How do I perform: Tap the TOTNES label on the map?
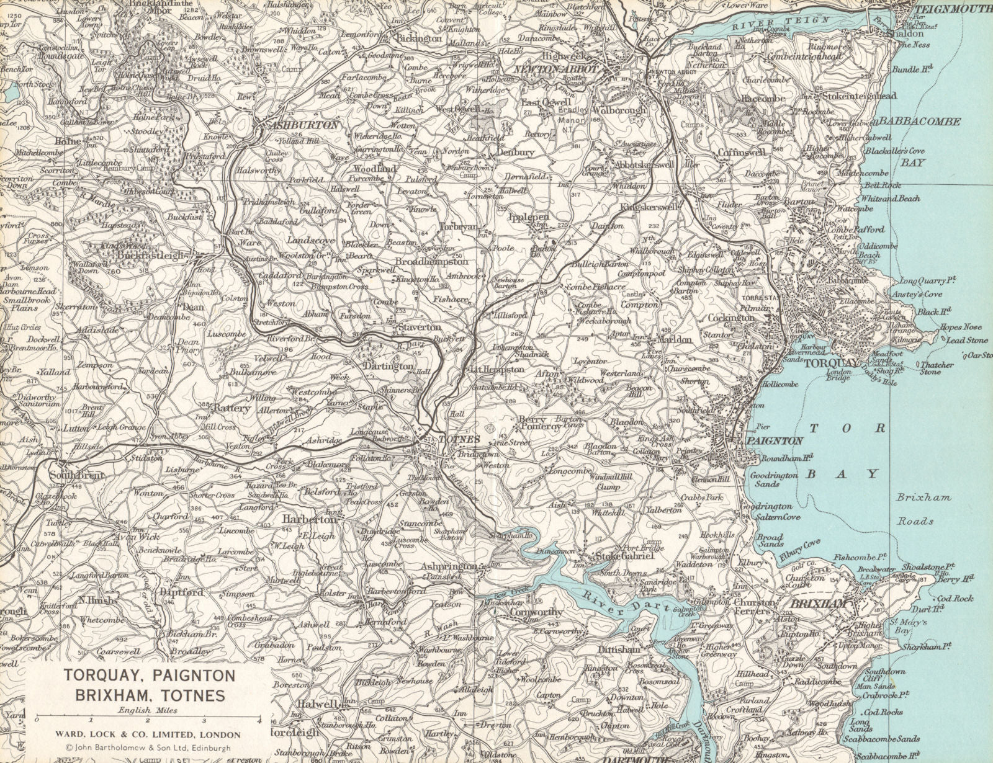(x=460, y=439)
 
